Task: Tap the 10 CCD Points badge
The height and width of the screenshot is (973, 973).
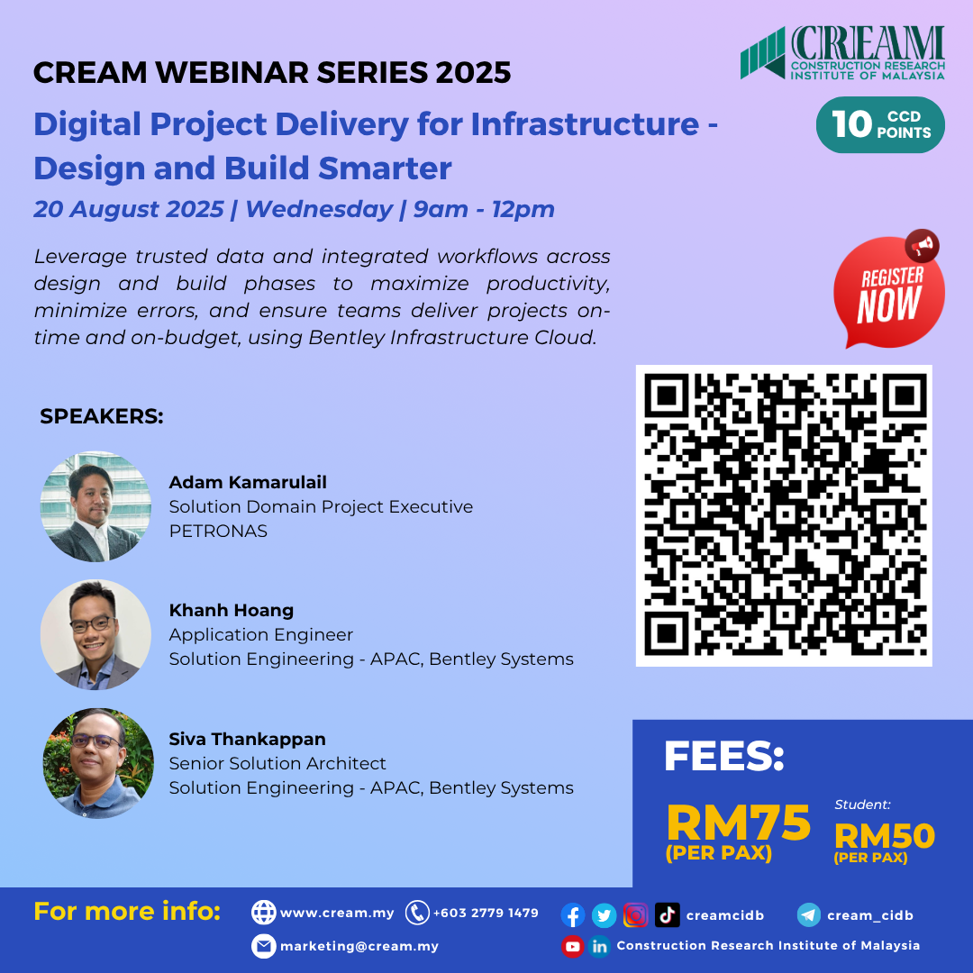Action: pyautogui.click(x=880, y=124)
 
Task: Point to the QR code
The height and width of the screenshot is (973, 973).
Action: pyautogui.click(x=784, y=515)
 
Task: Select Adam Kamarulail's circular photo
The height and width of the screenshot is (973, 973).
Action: pyautogui.click(x=95, y=506)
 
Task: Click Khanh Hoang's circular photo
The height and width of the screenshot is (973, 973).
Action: pyautogui.click(x=95, y=634)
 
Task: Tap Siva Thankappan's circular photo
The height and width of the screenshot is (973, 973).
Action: pyautogui.click(x=98, y=763)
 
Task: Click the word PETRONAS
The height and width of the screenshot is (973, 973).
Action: pyautogui.click(x=218, y=531)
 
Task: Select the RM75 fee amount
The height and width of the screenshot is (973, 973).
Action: pyautogui.click(x=738, y=823)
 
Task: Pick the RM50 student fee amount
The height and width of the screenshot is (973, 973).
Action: pyautogui.click(x=884, y=837)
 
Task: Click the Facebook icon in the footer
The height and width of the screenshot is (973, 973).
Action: pyautogui.click(x=573, y=915)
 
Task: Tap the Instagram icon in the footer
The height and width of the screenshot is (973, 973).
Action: pyautogui.click(x=635, y=915)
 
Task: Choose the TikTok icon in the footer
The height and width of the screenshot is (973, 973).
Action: pyautogui.click(x=668, y=915)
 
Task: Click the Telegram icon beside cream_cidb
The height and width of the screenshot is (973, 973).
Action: pyautogui.click(x=809, y=915)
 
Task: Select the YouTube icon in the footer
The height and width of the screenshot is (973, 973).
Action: pyautogui.click(x=573, y=946)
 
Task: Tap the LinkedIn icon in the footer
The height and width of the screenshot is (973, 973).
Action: pyautogui.click(x=600, y=946)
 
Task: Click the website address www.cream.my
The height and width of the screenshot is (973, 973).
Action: pyautogui.click(x=337, y=913)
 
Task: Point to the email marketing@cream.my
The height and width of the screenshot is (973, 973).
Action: pyautogui.click(x=359, y=946)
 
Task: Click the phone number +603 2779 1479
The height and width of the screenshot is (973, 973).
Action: pyautogui.click(x=486, y=913)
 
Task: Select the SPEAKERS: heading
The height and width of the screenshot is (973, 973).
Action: pyautogui.click(x=102, y=417)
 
